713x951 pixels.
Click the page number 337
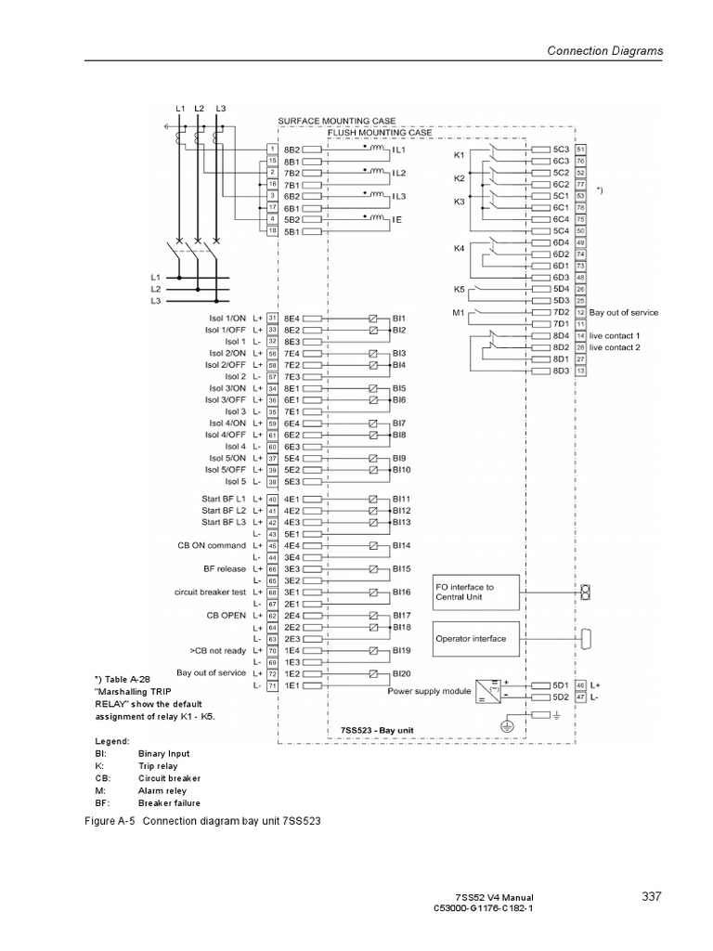pos(651,896)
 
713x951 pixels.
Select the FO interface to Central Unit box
pos(473,593)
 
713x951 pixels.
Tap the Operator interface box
pos(473,639)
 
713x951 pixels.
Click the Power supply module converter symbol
pos(486,690)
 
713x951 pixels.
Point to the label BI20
pos(401,672)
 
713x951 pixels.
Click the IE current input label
pos(398,219)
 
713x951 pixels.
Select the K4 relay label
pos(459,248)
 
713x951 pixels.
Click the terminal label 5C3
pos(561,149)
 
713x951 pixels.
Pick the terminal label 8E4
pos(292,318)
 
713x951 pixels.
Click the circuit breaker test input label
pos(210,592)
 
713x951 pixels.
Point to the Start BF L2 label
pos(224,511)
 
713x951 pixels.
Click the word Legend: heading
pos(112,742)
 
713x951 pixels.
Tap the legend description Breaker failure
pos(169,802)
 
